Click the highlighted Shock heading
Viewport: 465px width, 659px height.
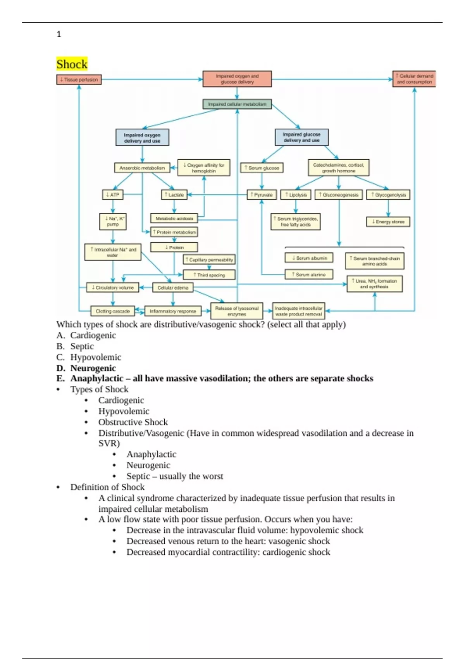(72, 64)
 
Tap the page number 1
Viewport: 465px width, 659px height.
(59, 34)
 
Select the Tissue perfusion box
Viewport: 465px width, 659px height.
(79, 79)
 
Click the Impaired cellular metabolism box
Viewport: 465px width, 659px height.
(237, 104)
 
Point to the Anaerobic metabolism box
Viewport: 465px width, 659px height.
(142, 168)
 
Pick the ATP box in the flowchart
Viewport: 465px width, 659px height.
(113, 195)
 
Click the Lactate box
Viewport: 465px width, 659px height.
(174, 195)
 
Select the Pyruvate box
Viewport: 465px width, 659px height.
(262, 195)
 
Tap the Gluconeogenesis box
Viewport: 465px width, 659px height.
(339, 195)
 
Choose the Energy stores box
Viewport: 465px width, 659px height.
(388, 222)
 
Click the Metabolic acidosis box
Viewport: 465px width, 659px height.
(174, 219)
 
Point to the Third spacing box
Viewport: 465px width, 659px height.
(209, 275)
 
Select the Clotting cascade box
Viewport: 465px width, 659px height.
(113, 311)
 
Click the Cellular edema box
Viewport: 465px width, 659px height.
(173, 288)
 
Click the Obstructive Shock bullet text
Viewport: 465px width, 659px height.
(133, 422)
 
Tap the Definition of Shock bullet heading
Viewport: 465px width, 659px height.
(107, 487)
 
